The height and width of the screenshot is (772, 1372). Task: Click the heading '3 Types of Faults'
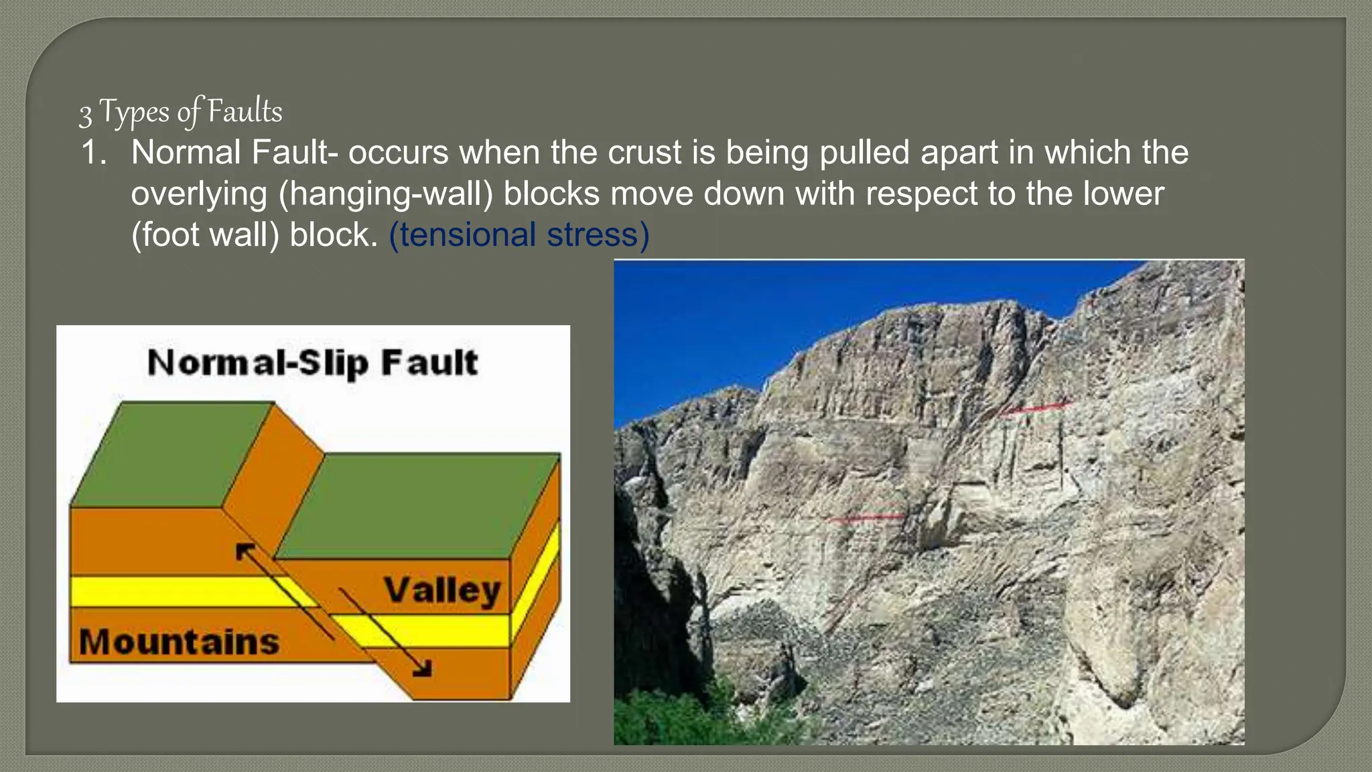[181, 112]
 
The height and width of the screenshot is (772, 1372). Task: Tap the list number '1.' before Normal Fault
[94, 153]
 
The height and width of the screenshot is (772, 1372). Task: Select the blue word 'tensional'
[463, 235]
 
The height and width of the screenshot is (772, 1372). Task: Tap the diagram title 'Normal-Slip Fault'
[312, 363]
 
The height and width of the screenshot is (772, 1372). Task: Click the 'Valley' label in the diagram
[442, 590]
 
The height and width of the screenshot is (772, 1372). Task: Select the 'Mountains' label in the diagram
[179, 641]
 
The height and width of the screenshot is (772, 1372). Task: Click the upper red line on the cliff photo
[1036, 407]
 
